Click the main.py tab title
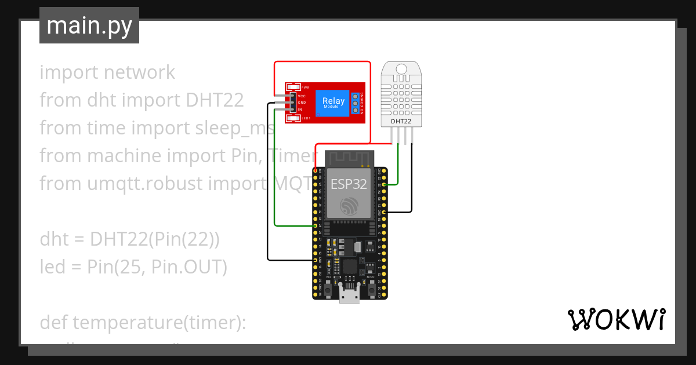point(89,25)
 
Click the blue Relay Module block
point(333,103)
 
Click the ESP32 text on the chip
point(349,184)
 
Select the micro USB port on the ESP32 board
point(349,297)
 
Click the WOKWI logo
point(615,320)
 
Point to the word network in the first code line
point(139,72)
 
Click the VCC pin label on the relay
point(302,96)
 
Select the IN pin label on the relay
point(300,109)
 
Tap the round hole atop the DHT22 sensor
point(401,70)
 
